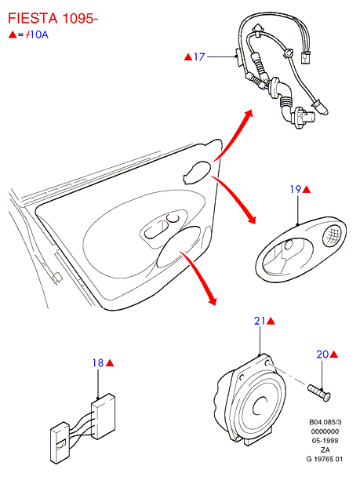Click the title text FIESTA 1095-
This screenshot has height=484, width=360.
(x=53, y=18)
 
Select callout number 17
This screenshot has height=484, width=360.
(x=199, y=56)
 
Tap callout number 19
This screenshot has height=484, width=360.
(x=296, y=189)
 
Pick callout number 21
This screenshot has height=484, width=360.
(x=260, y=321)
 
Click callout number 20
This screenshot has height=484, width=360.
(x=322, y=354)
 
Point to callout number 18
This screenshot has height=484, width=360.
(x=98, y=362)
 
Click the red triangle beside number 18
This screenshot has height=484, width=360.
(x=110, y=363)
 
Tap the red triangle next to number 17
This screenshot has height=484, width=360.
(x=188, y=56)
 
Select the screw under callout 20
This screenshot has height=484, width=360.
(x=319, y=393)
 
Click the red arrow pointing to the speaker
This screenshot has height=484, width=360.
(x=199, y=276)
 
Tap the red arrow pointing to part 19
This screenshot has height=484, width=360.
(x=234, y=198)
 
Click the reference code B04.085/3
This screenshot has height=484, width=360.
(x=325, y=422)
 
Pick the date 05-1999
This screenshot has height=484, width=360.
(x=325, y=441)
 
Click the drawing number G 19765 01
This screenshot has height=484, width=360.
(x=325, y=459)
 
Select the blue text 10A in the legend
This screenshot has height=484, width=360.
(x=39, y=35)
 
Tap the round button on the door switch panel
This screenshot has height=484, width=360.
(x=173, y=217)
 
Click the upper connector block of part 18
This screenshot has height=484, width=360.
(x=104, y=416)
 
